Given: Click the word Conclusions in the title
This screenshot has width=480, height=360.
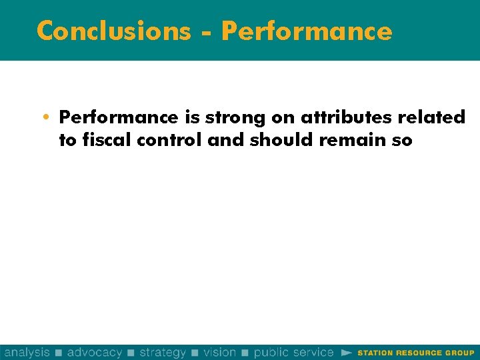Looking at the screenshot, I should [113, 31].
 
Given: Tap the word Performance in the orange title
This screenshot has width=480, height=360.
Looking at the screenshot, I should [307, 31].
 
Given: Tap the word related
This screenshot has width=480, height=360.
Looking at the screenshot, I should [435, 118].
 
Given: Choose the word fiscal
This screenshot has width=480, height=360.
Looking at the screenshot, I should [98, 140].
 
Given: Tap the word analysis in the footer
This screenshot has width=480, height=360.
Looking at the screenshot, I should [27, 352].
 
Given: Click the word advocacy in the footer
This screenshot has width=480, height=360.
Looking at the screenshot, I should [95, 352].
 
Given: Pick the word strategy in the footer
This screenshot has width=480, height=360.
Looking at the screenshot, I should [162, 352].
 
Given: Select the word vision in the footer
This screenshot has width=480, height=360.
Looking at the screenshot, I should [220, 352].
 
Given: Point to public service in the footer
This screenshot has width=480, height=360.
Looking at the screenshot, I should [293, 352].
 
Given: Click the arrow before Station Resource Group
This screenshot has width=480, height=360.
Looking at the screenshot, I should [346, 352].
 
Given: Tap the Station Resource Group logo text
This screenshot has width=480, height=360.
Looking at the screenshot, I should [416, 353].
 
